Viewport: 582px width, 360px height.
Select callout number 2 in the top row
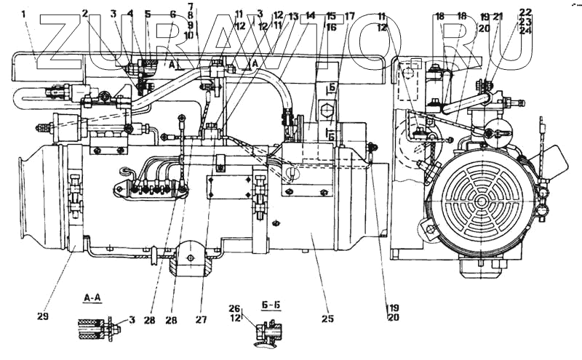[x=85, y=13]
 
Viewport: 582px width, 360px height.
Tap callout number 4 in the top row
[x=130, y=13]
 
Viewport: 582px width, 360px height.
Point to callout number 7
[x=190, y=7]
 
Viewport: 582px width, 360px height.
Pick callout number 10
[x=190, y=35]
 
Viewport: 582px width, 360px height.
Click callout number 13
[x=292, y=15]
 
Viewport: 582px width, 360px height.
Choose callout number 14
[x=311, y=15]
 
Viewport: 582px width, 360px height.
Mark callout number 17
[x=350, y=15]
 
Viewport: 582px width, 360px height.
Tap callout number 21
[x=498, y=16]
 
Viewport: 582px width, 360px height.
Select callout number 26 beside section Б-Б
[x=234, y=308]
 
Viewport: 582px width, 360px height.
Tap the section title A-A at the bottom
[x=92, y=297]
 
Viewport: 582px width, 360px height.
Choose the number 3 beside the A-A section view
[x=132, y=320]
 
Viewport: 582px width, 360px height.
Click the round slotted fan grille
[x=477, y=196]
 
